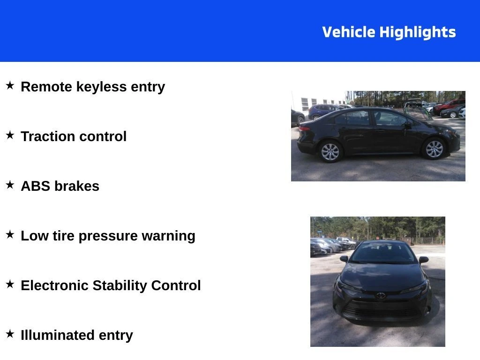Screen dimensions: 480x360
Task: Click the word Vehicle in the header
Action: coord(348,32)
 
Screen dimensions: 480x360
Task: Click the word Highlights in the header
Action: coord(418,32)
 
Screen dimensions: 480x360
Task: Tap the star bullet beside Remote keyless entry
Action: coord(10,85)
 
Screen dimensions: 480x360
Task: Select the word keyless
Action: coord(101,87)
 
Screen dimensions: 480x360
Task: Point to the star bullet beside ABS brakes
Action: coord(10,185)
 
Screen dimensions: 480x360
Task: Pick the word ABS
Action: coord(35,186)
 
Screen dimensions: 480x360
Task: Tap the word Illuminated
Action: coord(57,335)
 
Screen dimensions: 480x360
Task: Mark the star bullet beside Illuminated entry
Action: coord(10,334)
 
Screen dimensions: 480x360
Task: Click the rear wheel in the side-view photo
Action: coord(330,151)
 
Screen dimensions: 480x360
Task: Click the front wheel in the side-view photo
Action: coord(434,149)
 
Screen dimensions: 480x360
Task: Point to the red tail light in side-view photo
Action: coord(304,128)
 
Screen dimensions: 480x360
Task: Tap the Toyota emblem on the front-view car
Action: coord(381,295)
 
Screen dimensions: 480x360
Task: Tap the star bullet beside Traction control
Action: coord(10,135)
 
